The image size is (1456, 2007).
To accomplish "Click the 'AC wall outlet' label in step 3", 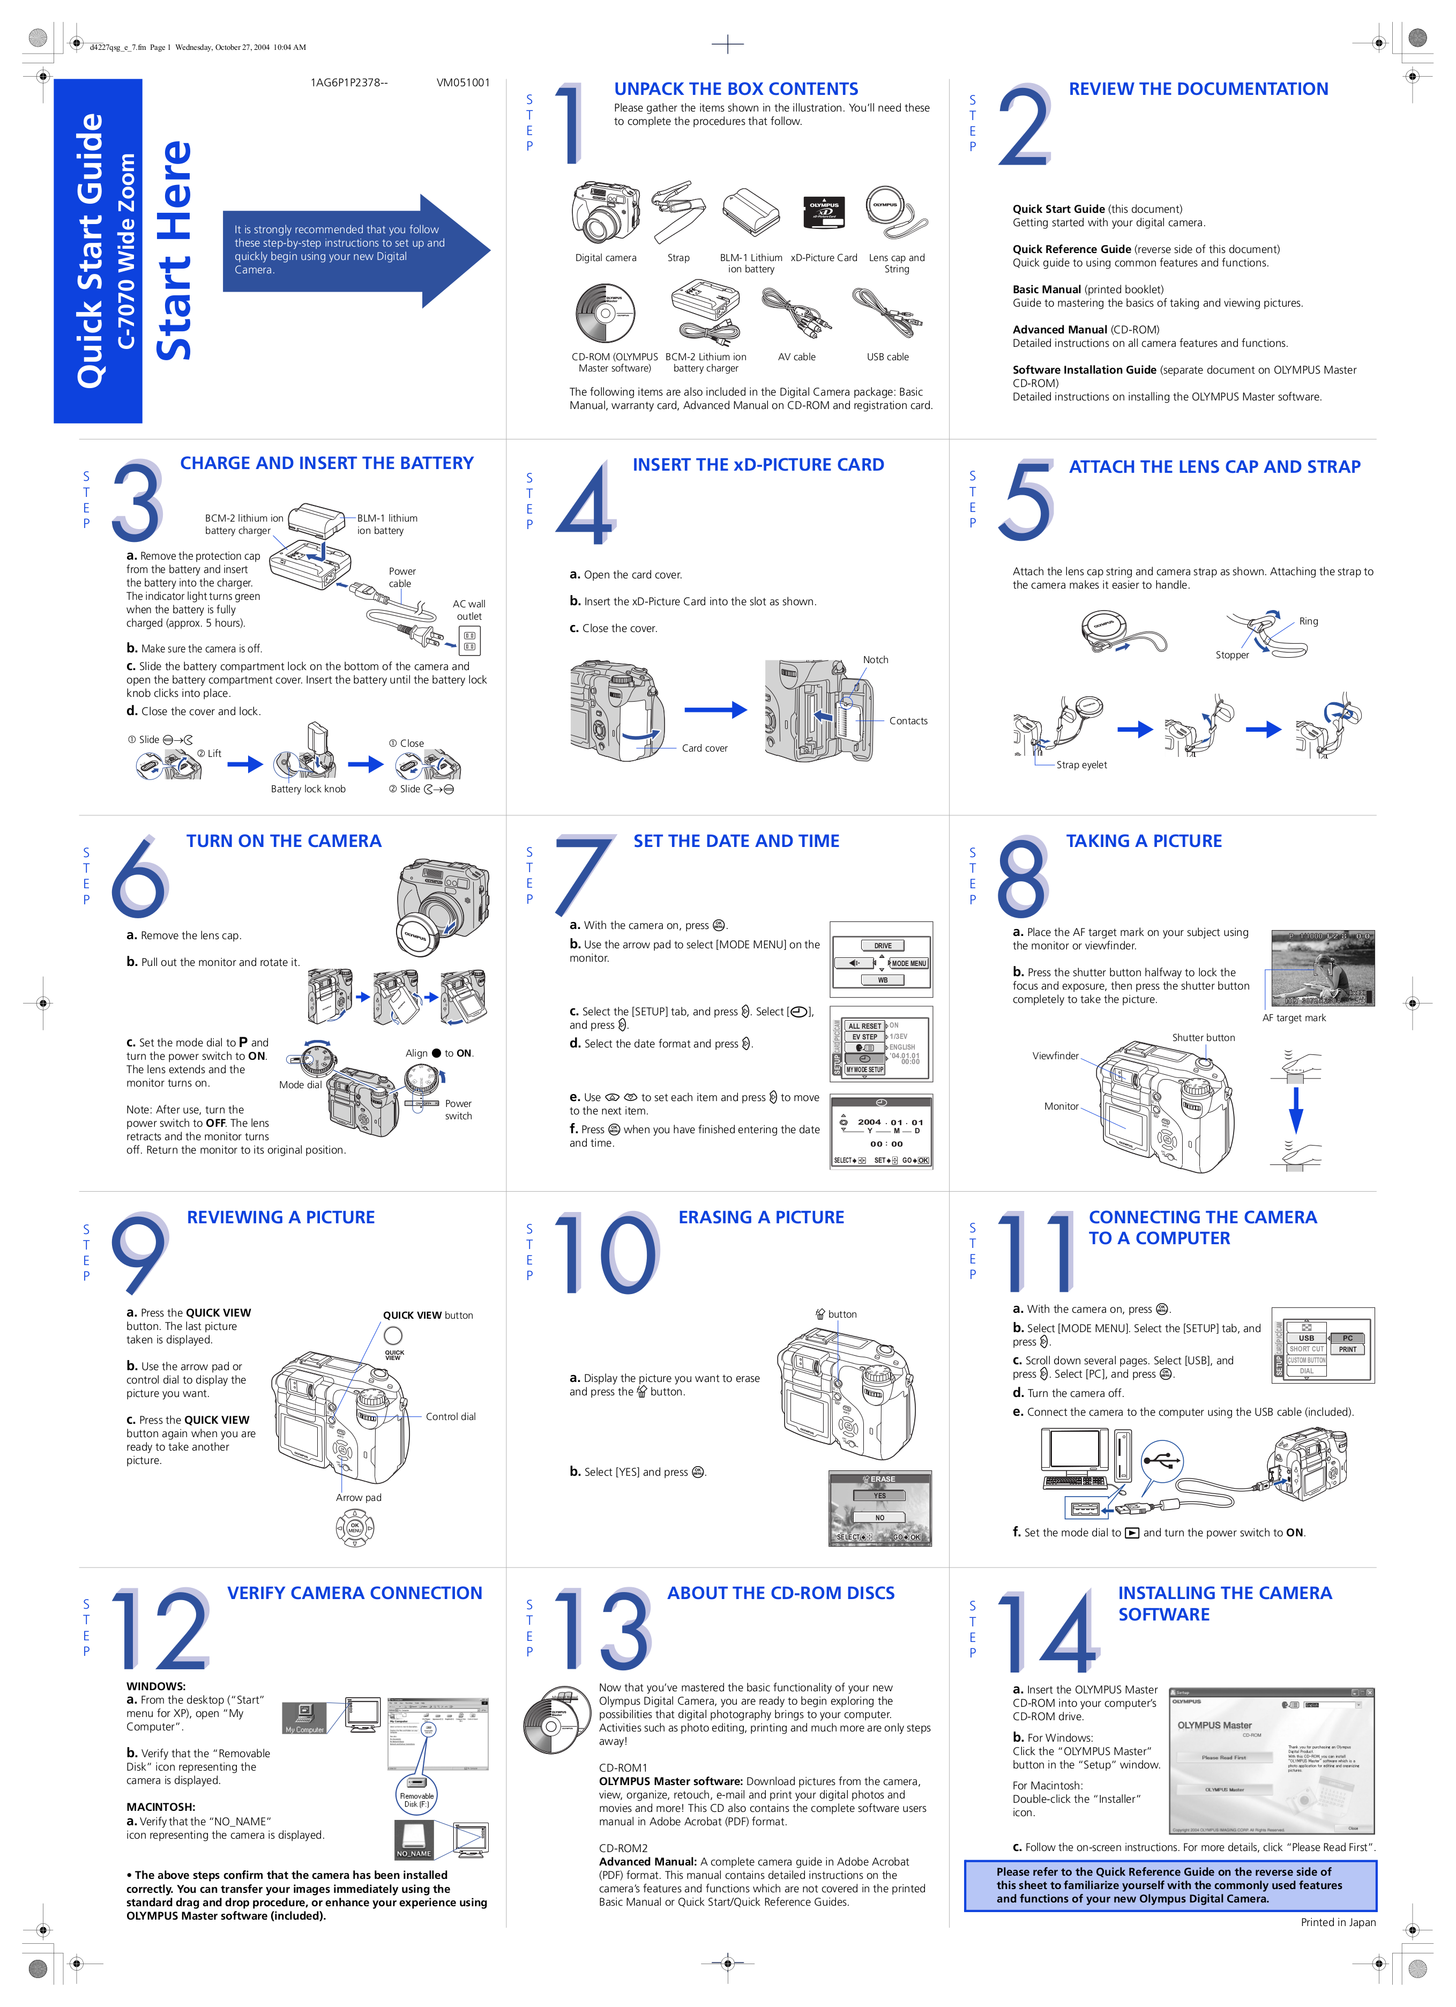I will click(x=469, y=609).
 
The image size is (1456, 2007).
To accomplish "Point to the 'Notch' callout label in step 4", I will click(x=875, y=659).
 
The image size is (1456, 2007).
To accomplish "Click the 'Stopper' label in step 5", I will click(x=1231, y=655).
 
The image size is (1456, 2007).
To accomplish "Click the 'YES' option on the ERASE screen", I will click(x=879, y=1496).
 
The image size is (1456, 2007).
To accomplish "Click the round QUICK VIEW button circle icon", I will click(x=393, y=1335).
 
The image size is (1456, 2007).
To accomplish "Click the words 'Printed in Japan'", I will click(x=1338, y=1922).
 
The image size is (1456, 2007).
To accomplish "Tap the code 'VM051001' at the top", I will click(x=462, y=83).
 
